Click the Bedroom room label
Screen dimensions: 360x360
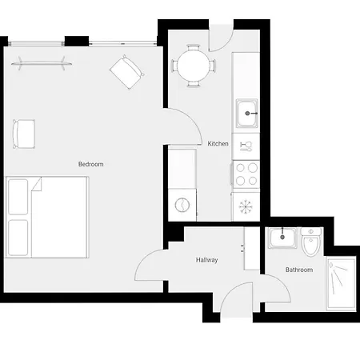[90, 164]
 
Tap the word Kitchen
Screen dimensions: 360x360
[218, 144]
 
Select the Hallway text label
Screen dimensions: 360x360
[206, 260]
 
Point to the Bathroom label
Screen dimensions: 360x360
[298, 270]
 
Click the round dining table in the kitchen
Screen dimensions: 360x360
[194, 63]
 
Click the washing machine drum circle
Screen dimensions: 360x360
[183, 205]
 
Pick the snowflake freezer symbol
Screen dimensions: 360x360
[246, 206]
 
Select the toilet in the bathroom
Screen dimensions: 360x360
[312, 242]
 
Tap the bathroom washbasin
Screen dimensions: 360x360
[282, 238]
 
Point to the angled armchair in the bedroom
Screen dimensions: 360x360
[126, 72]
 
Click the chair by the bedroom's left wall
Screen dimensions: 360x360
[24, 133]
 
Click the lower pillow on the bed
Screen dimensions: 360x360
[18, 237]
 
